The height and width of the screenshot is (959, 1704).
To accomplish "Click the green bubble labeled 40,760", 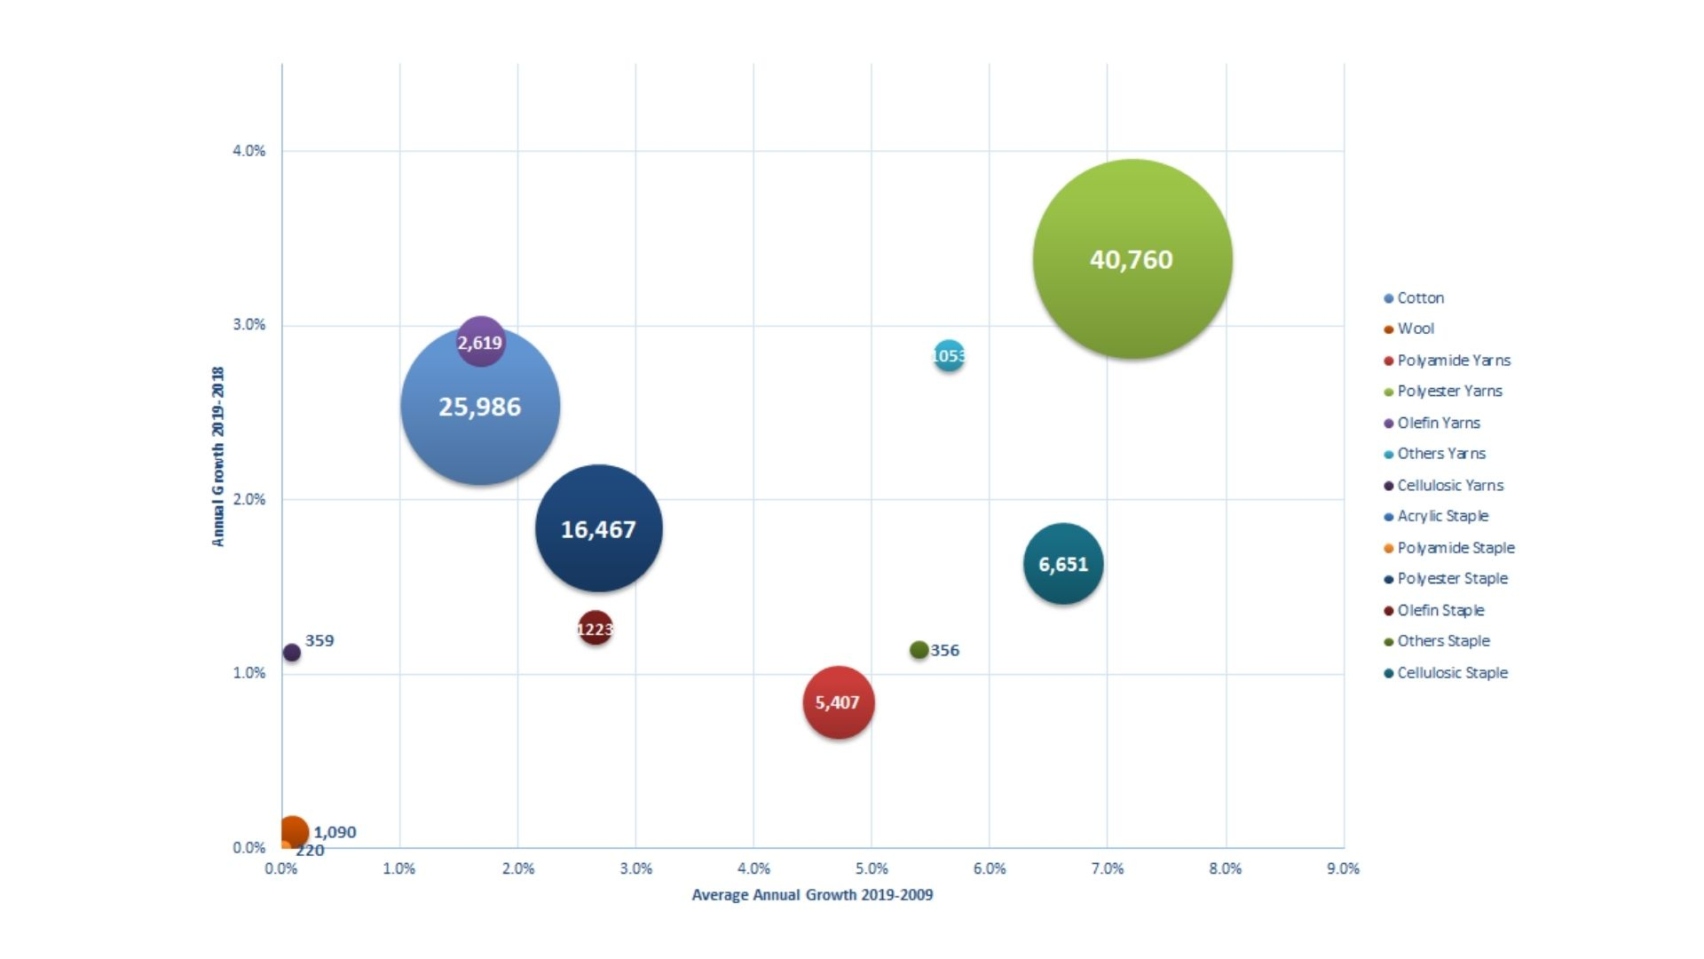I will [x=1132, y=259].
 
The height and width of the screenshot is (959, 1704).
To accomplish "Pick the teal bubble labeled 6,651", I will [x=1063, y=565].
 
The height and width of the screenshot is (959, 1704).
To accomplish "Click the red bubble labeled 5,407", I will [x=838, y=702].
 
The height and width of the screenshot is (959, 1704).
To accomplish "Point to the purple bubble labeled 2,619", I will [x=480, y=342].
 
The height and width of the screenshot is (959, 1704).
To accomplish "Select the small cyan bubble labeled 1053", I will [x=949, y=356].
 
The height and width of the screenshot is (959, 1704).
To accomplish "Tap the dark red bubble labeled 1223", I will [x=595, y=630].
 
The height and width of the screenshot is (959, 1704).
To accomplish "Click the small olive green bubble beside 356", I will [x=919, y=650].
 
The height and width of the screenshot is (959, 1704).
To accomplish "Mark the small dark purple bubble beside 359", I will [x=291, y=653].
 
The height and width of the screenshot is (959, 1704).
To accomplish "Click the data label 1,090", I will [x=335, y=832].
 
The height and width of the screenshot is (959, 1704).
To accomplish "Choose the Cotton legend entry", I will [x=1420, y=298].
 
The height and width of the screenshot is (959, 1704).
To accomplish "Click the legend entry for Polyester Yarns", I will [x=1449, y=392].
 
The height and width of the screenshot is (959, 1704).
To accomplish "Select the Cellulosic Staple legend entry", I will [x=1452, y=673].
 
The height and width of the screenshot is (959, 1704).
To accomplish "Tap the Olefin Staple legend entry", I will [x=1440, y=611].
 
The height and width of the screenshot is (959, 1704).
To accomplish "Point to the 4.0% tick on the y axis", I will [x=248, y=151].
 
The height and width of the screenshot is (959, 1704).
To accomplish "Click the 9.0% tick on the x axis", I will [x=1343, y=868].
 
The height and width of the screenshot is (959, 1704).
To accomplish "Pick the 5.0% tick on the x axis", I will [x=872, y=868].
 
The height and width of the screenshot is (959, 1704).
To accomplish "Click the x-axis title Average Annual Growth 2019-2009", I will [x=812, y=895].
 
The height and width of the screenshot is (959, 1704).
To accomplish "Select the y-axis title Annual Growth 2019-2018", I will [x=218, y=456].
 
